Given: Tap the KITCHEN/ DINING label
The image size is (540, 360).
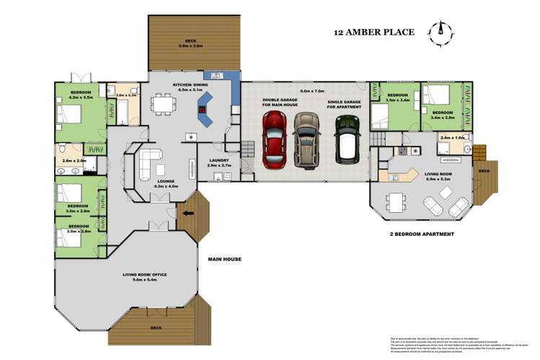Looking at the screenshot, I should point(190,85).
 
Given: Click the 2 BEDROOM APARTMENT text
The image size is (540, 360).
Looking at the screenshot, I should point(421,234).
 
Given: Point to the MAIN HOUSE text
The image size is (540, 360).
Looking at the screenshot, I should point(224,259).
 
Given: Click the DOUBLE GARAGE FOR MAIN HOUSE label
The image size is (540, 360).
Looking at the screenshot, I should point(280,103).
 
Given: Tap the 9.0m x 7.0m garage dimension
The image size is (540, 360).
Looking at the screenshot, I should point(313,92).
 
